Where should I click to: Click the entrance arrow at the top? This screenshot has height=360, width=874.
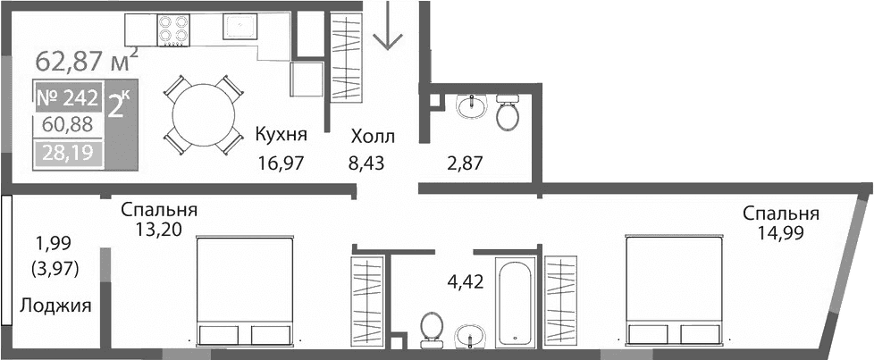[389, 27]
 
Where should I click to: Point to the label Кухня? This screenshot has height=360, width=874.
[281, 136]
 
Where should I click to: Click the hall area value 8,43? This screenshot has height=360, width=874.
[369, 163]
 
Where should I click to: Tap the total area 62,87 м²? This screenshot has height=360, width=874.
[86, 62]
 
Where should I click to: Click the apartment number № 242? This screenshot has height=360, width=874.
[68, 95]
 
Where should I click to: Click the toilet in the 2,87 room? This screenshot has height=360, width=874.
[508, 113]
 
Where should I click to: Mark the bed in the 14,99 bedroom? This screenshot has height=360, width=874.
[675, 290]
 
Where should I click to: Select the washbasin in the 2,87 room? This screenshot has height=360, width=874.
[471, 108]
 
